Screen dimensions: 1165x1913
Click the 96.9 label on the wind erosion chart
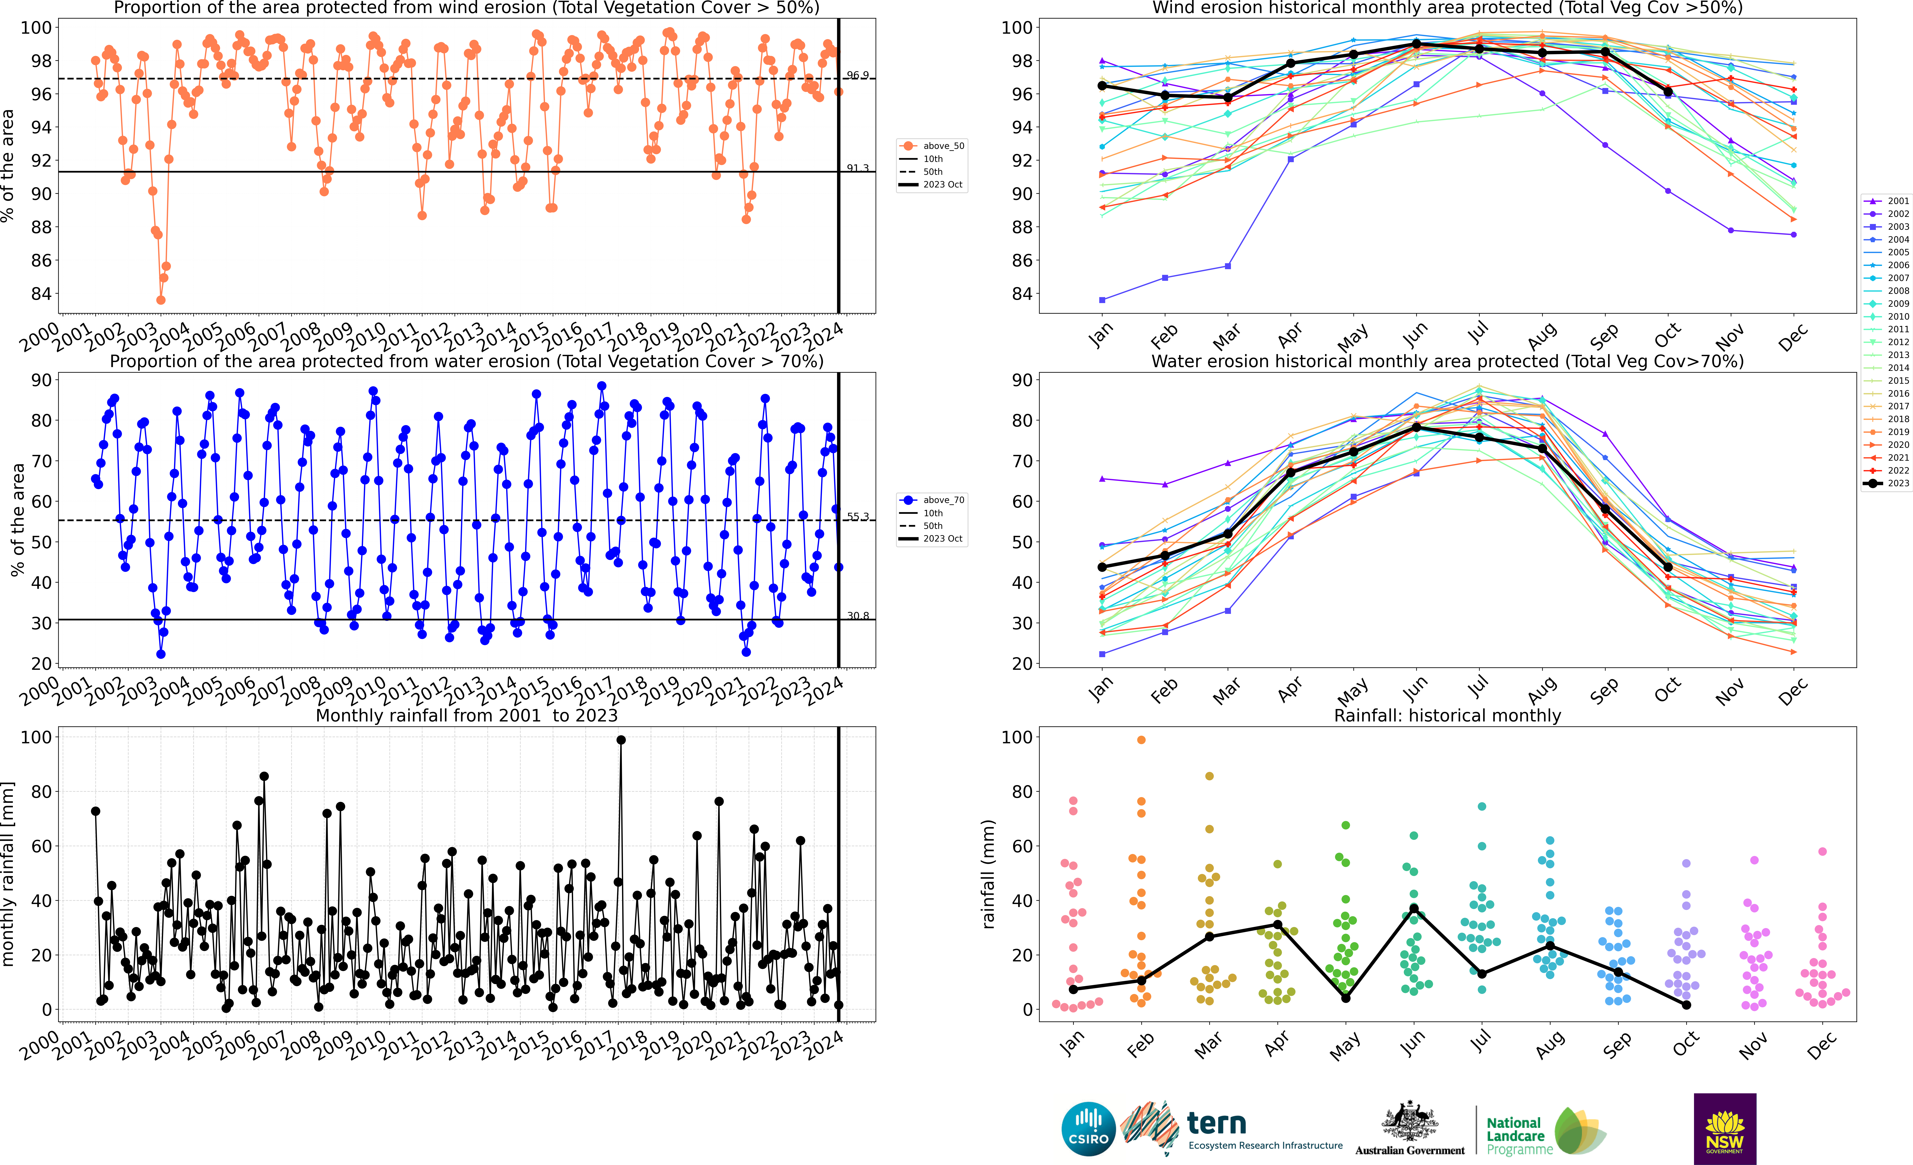(x=857, y=75)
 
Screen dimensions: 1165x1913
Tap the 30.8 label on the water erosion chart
(x=857, y=616)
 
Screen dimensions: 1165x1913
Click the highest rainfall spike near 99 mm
(x=620, y=740)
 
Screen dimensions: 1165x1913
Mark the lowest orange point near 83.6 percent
(x=161, y=300)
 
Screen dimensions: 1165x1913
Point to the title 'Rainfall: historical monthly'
(x=1447, y=715)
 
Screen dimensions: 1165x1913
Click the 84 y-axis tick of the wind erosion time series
(x=40, y=294)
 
